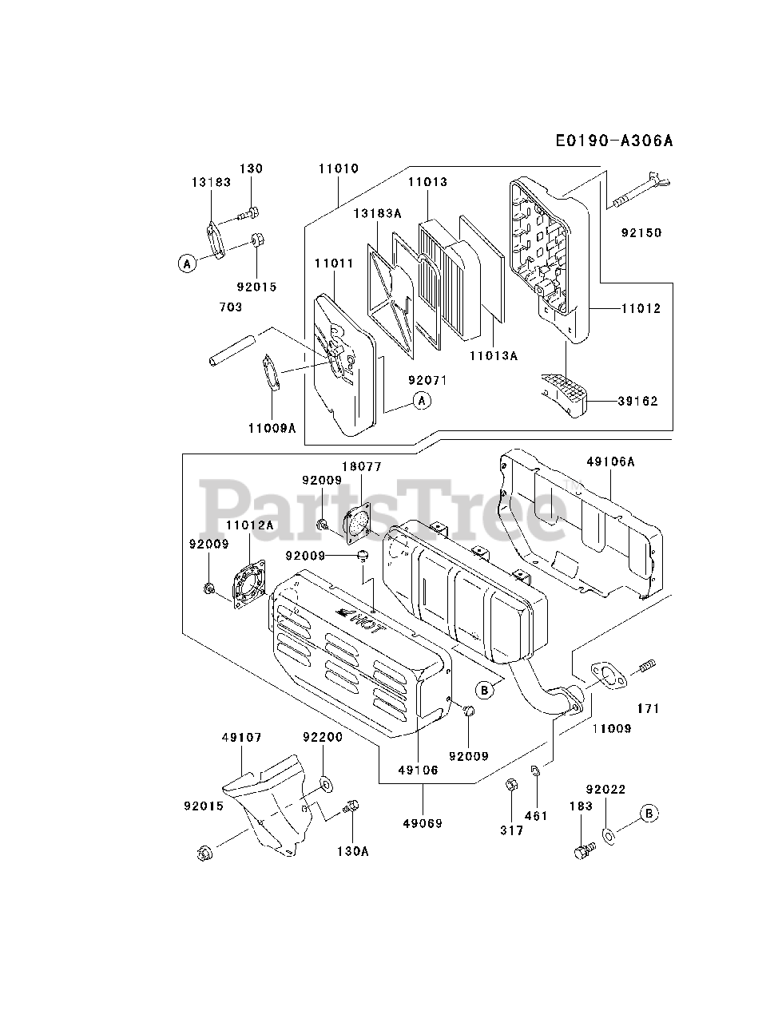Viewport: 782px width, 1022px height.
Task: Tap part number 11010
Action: (338, 169)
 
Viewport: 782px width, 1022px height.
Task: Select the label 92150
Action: (641, 233)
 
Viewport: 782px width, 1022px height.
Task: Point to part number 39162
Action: (637, 401)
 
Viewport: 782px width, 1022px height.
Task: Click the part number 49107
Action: (241, 738)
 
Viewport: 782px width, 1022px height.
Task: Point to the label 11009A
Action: (272, 428)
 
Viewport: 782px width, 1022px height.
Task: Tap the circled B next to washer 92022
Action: (649, 814)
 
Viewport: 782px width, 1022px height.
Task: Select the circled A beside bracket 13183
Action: (186, 263)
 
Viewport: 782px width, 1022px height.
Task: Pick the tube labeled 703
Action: (231, 349)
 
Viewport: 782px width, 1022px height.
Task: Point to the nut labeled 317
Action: (511, 788)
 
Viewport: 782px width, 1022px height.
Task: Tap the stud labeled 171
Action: (646, 664)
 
